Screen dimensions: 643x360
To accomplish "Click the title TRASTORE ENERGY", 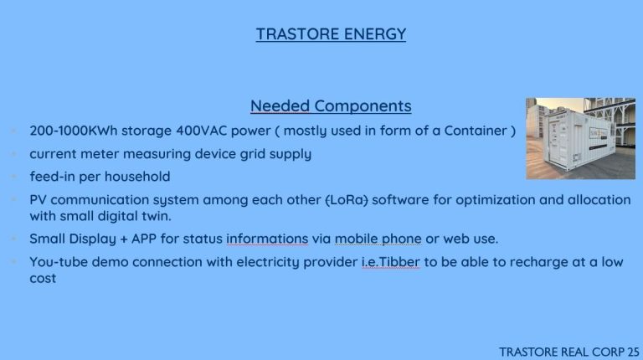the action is coord(331,34).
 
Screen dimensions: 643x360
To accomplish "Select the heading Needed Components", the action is coord(331,105).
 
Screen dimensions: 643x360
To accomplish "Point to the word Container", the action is coord(476,131).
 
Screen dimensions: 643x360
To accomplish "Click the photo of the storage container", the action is coord(581,138).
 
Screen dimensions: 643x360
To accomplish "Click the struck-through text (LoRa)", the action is coord(347,200).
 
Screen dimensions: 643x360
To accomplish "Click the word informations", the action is coord(267,239).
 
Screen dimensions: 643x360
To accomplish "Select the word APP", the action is coord(143,239).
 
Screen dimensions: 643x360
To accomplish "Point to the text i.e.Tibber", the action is coord(390,262).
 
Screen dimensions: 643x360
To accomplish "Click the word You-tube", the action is coord(59,262).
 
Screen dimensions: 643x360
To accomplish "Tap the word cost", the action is coord(43,279).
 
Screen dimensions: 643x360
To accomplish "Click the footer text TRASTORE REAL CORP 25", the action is coord(568,352).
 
